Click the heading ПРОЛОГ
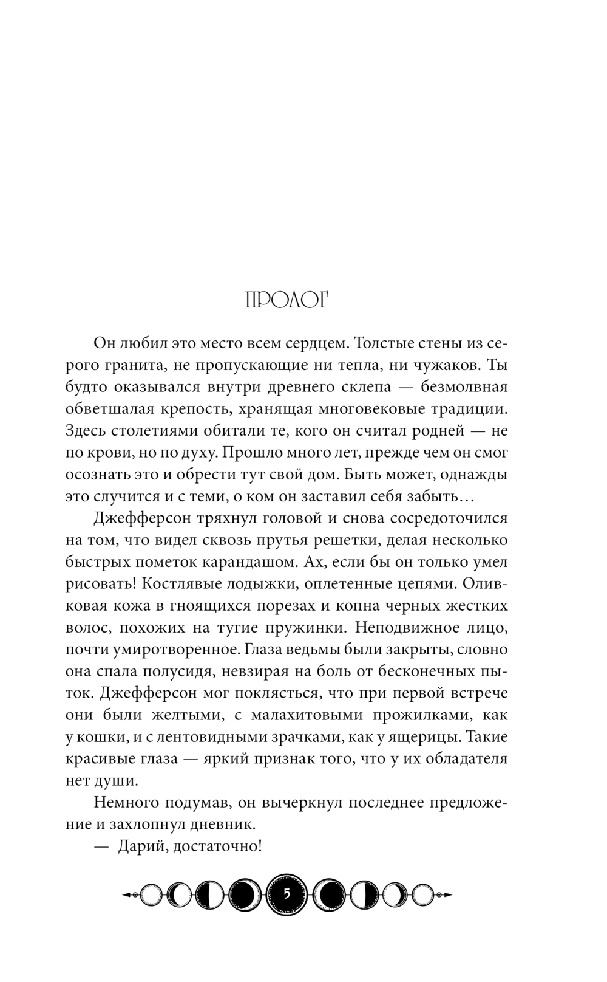(x=286, y=301)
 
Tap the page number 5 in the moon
(x=287, y=894)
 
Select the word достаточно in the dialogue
(x=217, y=846)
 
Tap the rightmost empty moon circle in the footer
(x=424, y=894)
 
